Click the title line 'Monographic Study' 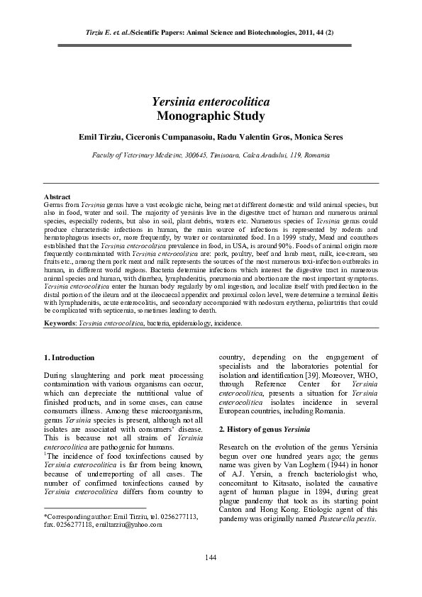(211, 116)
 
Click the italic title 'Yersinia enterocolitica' (211, 102)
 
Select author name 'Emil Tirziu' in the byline (101, 136)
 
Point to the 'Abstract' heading (57, 196)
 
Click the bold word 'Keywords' (60, 323)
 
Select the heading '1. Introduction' (69, 357)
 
